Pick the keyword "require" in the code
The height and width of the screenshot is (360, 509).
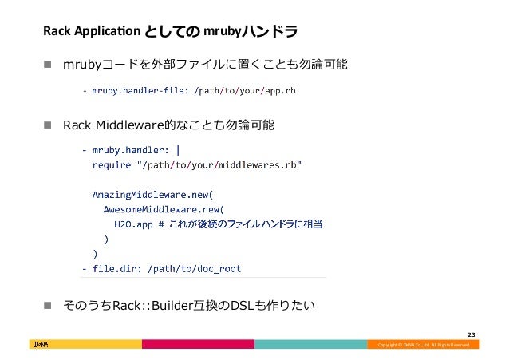(x=112, y=165)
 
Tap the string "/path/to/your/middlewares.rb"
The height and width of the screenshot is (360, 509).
(x=219, y=165)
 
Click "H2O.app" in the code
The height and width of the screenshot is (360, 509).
(x=134, y=224)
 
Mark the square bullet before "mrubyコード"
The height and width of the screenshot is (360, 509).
(x=48, y=64)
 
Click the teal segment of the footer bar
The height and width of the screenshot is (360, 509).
(x=310, y=344)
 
